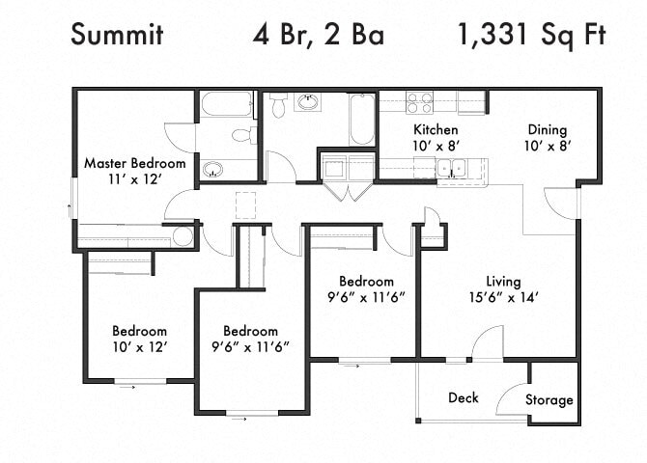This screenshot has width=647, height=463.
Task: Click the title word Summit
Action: click(117, 36)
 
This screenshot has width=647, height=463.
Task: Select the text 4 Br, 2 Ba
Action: click(318, 36)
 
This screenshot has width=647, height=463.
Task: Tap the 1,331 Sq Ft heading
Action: click(531, 36)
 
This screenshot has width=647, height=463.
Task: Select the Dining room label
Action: click(546, 130)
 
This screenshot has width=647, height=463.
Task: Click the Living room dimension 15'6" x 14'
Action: click(503, 297)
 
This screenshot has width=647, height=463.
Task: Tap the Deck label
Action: click(463, 397)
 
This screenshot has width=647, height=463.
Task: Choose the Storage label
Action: click(549, 399)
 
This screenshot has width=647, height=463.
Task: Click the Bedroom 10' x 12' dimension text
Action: click(139, 346)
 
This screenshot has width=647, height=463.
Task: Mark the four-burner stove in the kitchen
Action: click(419, 102)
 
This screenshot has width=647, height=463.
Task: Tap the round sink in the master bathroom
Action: click(213, 171)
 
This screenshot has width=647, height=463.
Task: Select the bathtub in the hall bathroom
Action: click(362, 120)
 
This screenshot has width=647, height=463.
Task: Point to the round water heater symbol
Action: click(183, 236)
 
